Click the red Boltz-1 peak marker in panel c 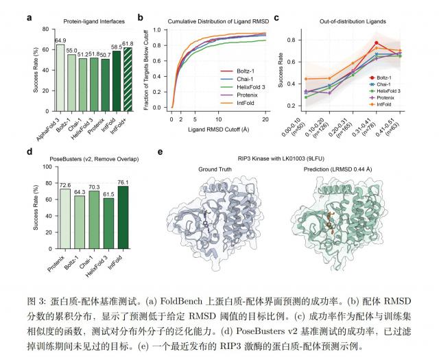(377, 43)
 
